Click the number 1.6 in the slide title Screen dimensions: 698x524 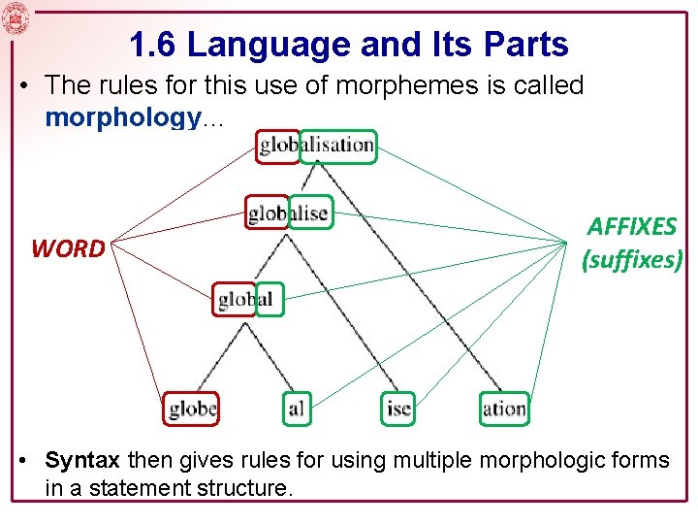[150, 44]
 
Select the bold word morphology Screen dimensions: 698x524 [121, 117]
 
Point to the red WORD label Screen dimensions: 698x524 [68, 249]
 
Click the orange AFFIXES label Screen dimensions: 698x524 [632, 226]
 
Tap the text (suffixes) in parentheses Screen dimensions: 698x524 [632, 259]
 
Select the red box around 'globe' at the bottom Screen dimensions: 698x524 [191, 409]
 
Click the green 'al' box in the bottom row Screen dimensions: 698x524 [296, 409]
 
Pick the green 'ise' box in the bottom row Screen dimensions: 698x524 [398, 409]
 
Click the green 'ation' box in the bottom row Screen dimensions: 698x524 [504, 409]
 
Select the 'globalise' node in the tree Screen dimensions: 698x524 [289, 213]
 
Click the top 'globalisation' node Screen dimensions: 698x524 [316, 146]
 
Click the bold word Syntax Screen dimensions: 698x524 [82, 459]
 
